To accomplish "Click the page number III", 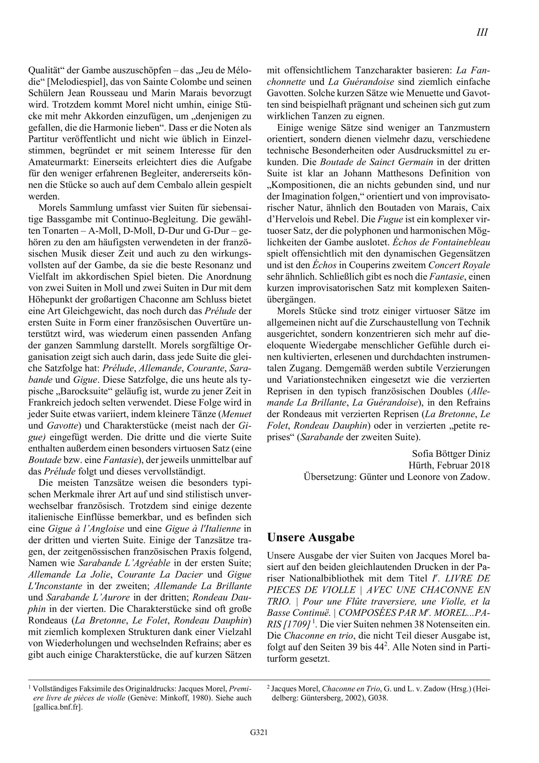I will (482, 32).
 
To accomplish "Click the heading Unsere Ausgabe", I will (311, 537).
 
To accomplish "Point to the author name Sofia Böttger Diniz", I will (451, 454).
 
